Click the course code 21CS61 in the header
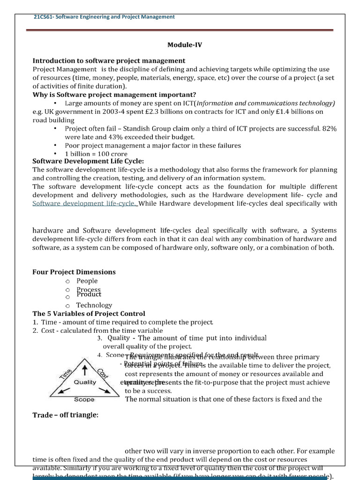(x=44, y=17)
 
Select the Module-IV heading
(x=185, y=45)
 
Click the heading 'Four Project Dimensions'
(x=74, y=272)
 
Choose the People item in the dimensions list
(x=87, y=281)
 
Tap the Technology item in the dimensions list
(x=94, y=305)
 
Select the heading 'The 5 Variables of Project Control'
(x=89, y=314)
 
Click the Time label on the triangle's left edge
(x=65, y=372)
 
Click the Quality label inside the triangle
(x=85, y=382)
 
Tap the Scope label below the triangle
(x=84, y=400)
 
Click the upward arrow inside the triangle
(x=84, y=370)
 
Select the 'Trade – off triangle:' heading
(x=65, y=415)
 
